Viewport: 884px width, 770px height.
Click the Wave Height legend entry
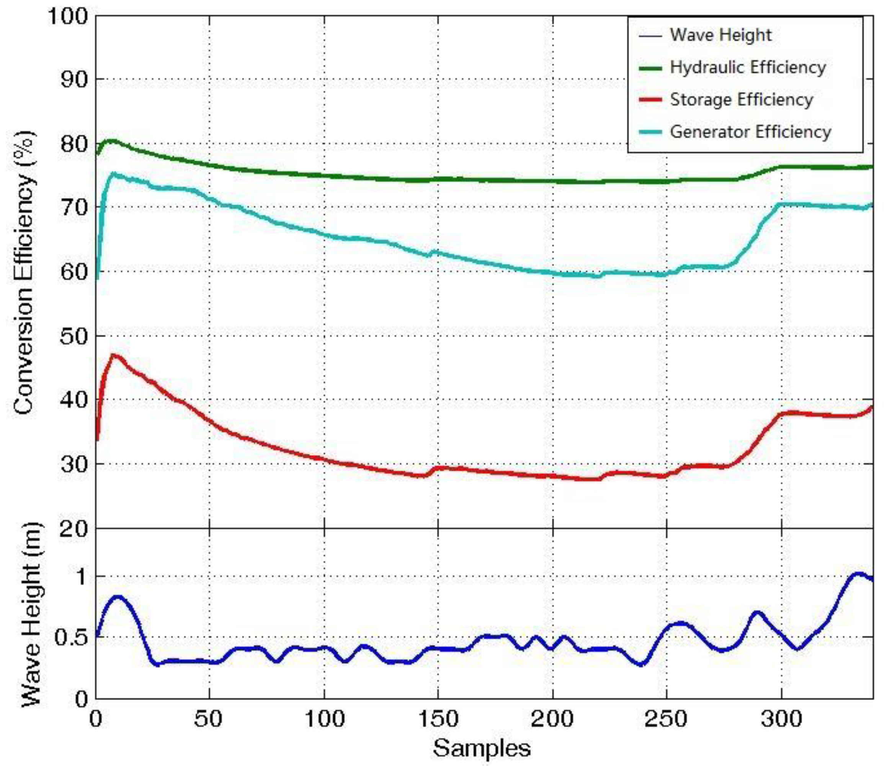pos(721,35)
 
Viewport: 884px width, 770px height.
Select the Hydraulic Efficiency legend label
pos(747,67)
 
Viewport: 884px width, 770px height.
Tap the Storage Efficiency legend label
pos(742,99)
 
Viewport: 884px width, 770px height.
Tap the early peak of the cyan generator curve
pos(113,173)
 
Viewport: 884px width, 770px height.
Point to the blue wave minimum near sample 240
pos(641,664)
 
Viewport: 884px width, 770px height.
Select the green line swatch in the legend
pos(650,67)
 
